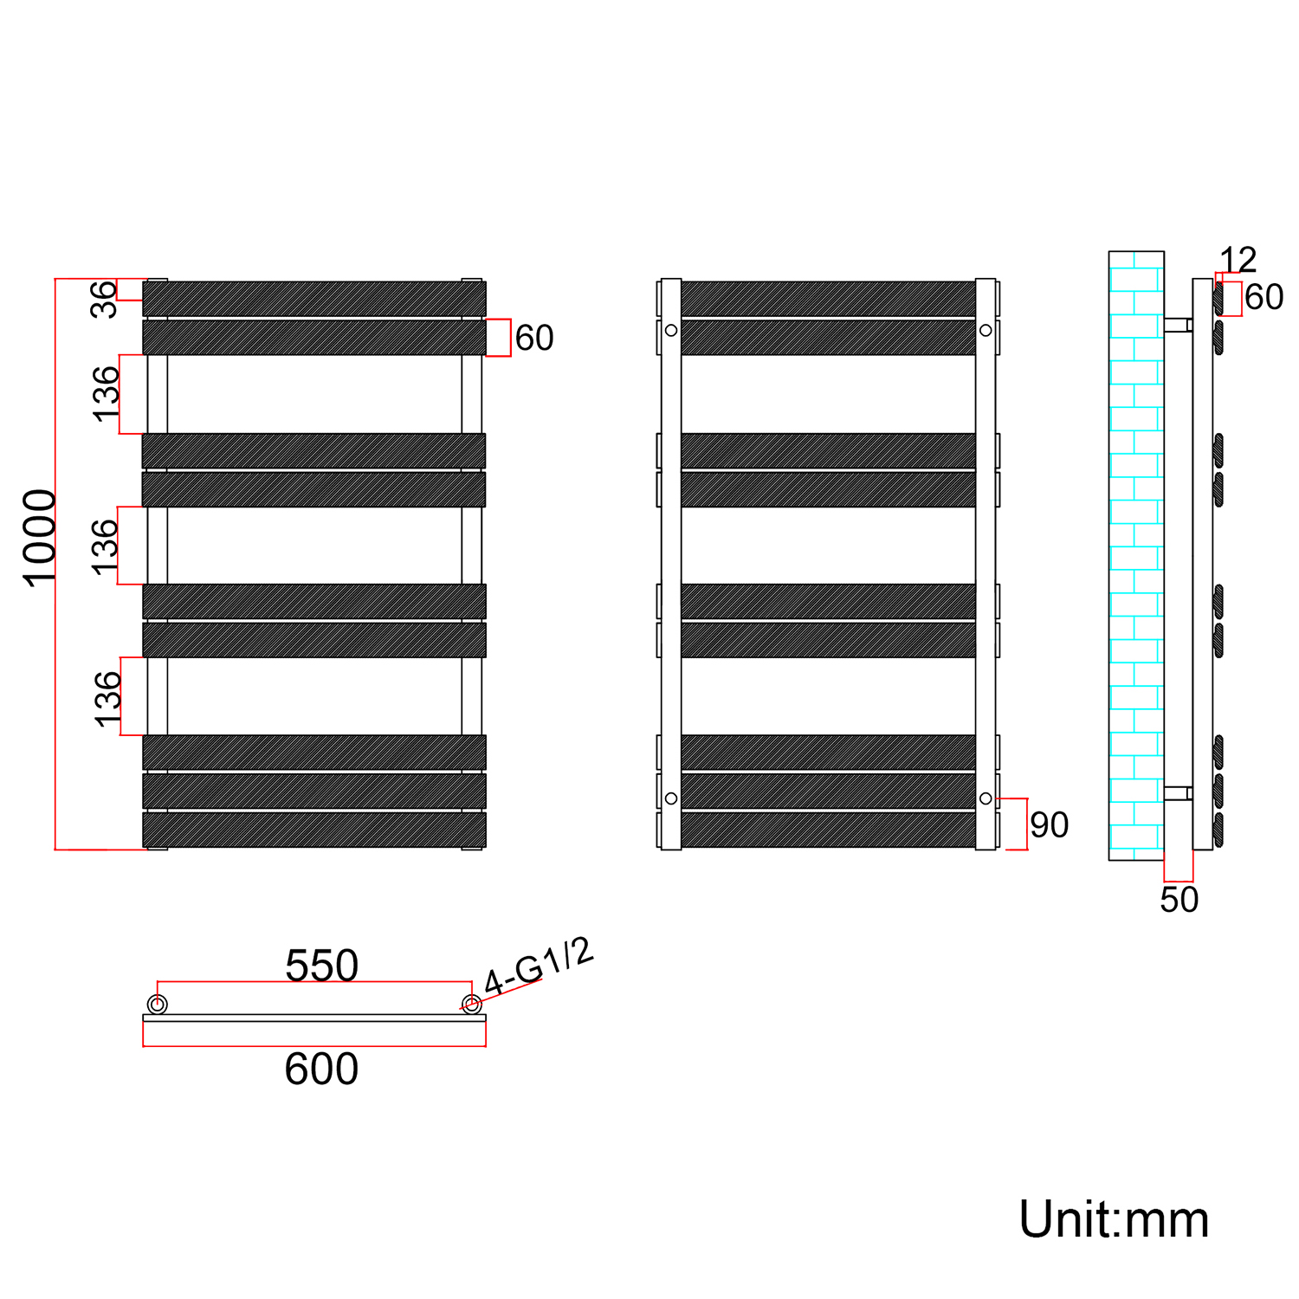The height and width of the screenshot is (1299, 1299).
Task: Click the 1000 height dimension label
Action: [39, 539]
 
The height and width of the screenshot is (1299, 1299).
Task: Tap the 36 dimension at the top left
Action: [104, 299]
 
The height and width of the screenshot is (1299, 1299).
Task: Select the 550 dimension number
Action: [321, 966]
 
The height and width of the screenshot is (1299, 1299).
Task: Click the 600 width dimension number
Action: [321, 1070]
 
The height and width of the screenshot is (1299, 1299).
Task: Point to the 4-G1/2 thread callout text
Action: [539, 966]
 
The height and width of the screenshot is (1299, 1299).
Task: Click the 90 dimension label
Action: [1050, 825]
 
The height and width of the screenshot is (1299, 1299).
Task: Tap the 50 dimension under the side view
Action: [1179, 900]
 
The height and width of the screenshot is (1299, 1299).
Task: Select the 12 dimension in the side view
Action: [1238, 260]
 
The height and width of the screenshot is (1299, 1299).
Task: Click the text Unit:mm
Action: [1114, 1220]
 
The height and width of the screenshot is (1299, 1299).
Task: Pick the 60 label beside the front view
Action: [534, 338]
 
